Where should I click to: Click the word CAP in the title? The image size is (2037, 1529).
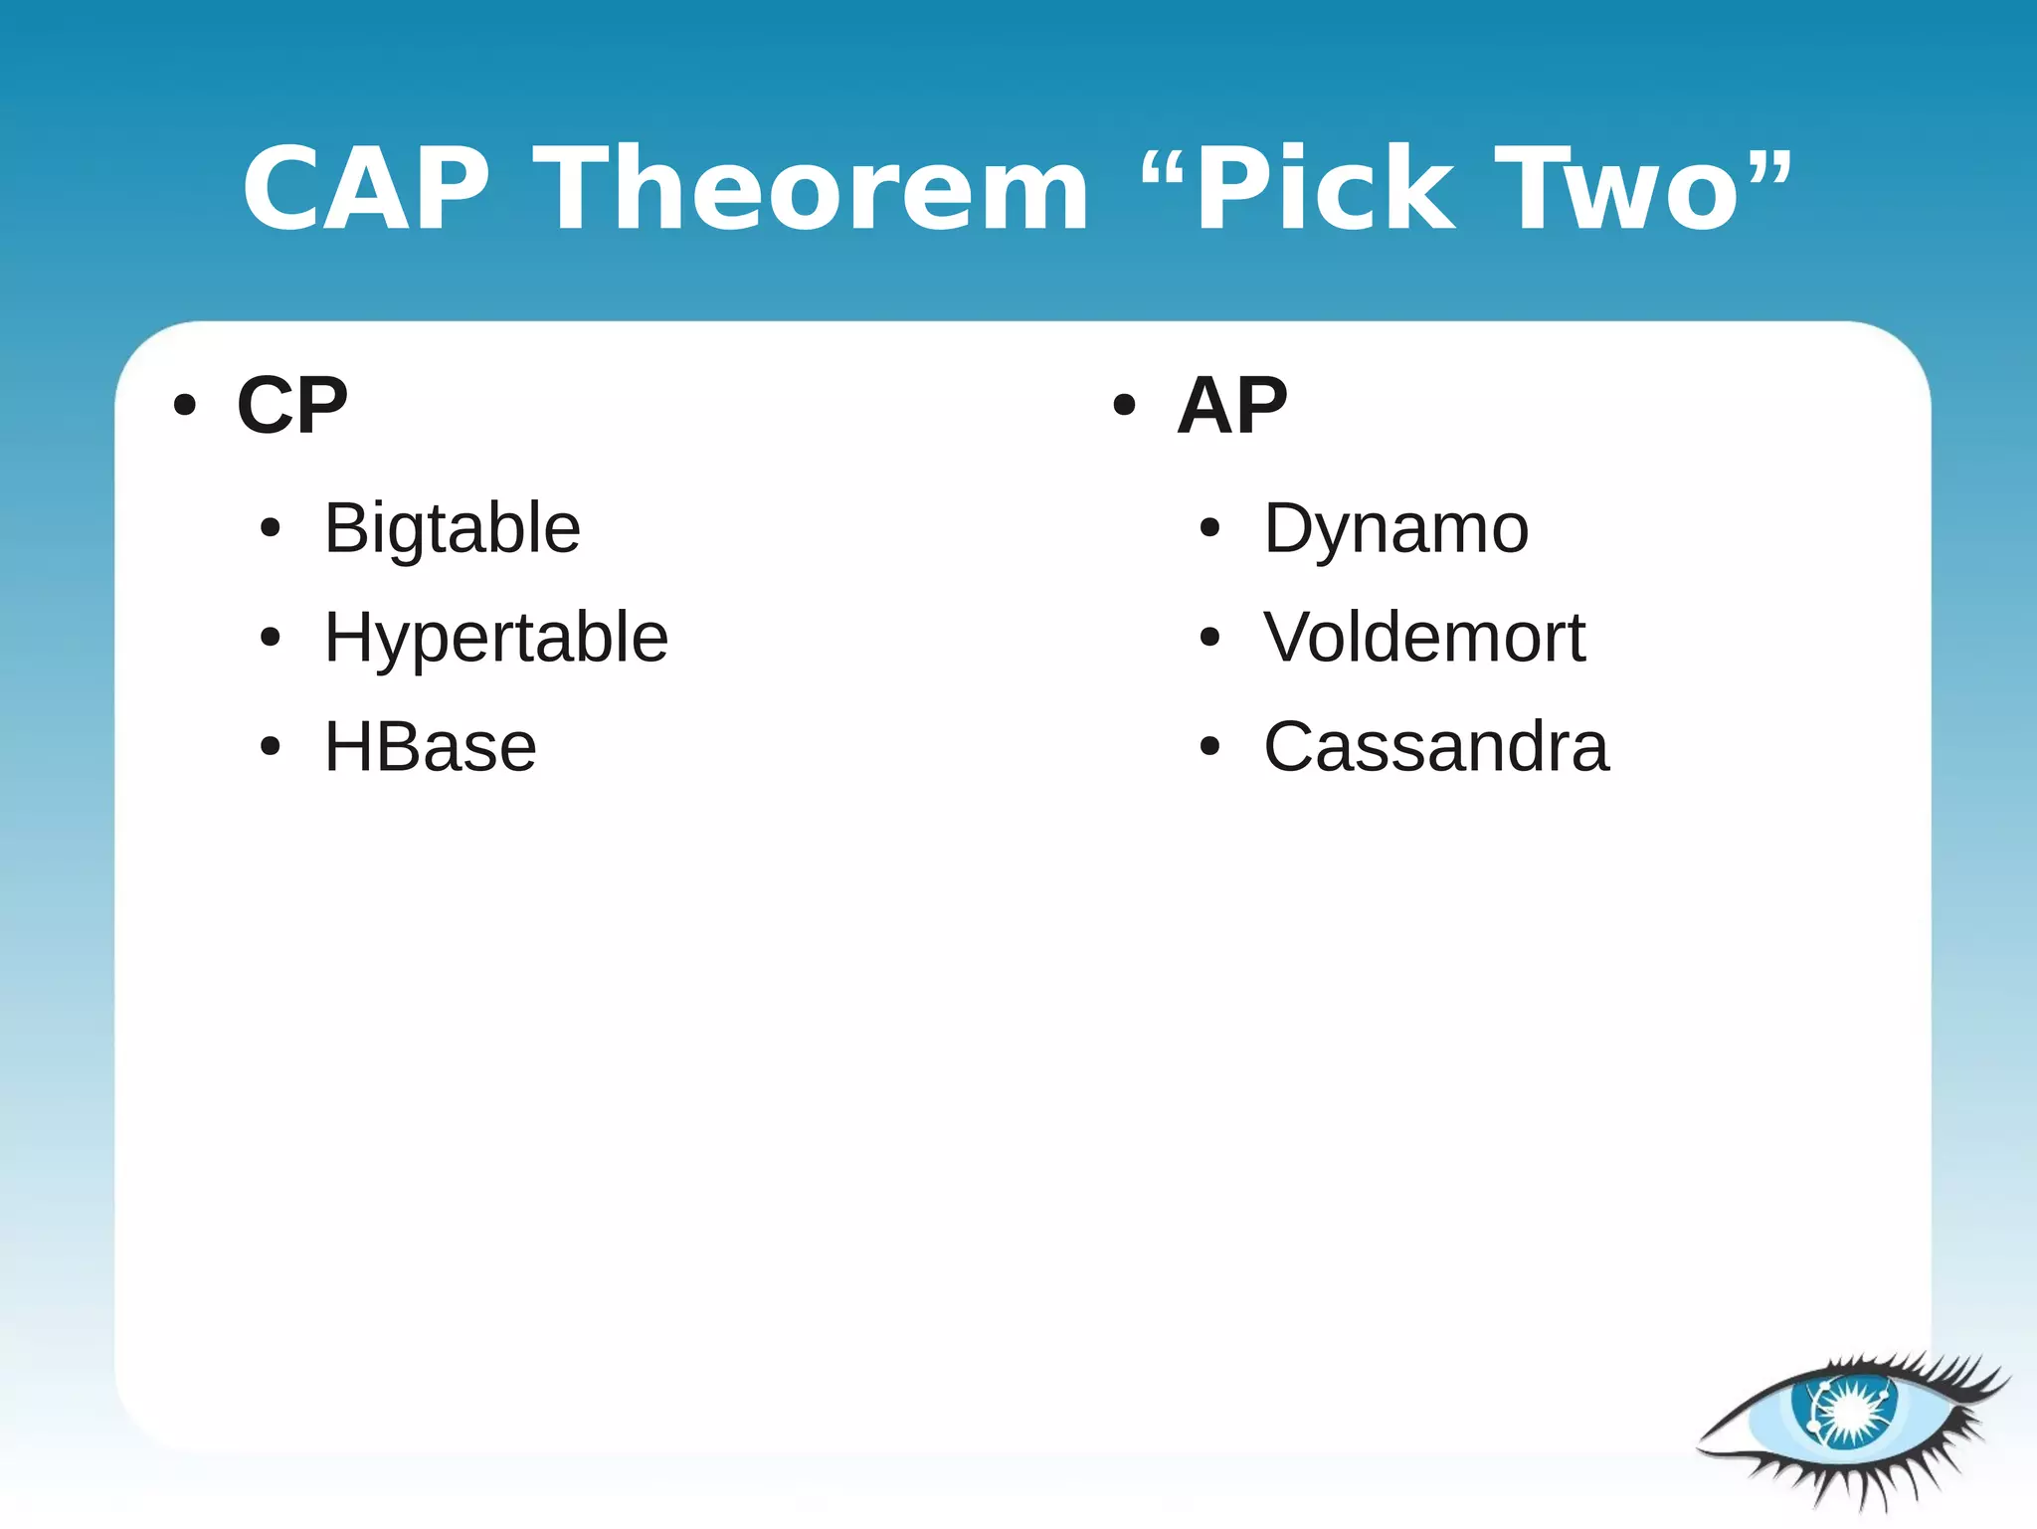(x=366, y=189)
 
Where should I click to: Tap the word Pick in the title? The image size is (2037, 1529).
(x=1324, y=189)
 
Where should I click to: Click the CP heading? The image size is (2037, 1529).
(x=292, y=406)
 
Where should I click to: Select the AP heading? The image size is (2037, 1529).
(x=1232, y=406)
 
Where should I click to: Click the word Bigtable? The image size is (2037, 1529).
(x=453, y=528)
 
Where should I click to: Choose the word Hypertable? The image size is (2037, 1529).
(x=496, y=638)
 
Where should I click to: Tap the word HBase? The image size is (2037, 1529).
(x=431, y=747)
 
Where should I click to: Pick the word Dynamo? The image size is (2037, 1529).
(x=1396, y=528)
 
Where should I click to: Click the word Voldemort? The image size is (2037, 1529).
(x=1424, y=638)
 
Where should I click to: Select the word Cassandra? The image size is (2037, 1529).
(x=1436, y=747)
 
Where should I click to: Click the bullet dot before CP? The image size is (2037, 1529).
(x=185, y=406)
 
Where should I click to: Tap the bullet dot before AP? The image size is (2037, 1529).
(x=1124, y=406)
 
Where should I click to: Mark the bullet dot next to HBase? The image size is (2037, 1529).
(x=270, y=746)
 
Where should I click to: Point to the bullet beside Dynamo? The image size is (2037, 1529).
(x=1209, y=528)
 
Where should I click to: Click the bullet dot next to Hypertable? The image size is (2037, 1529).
(x=270, y=637)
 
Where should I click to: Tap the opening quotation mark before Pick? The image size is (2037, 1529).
(x=1164, y=170)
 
